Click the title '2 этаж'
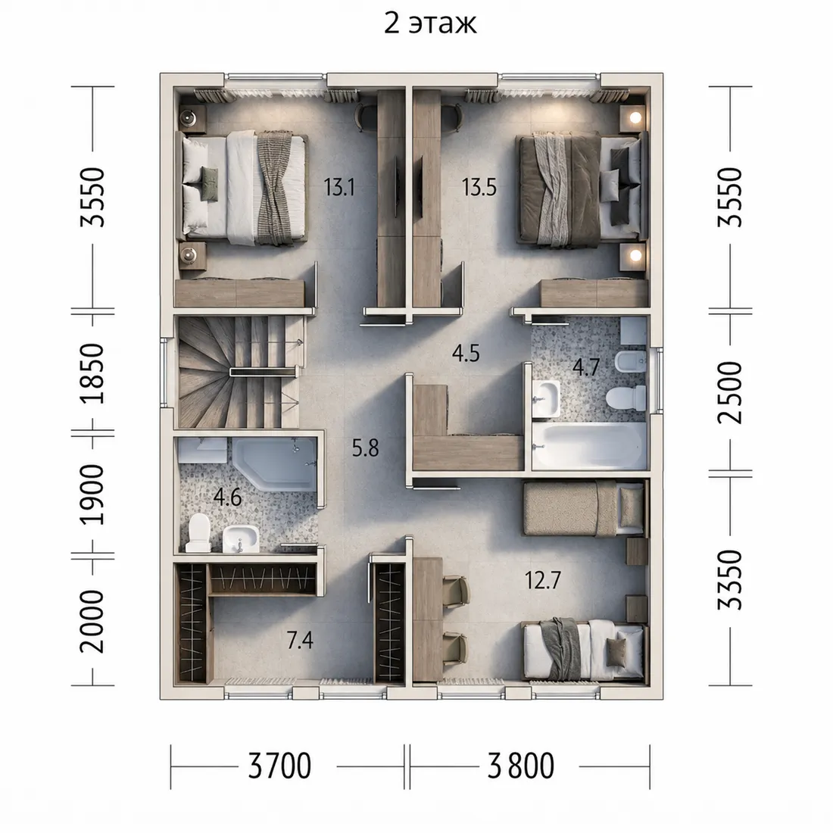[x=430, y=24]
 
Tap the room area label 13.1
[x=339, y=187]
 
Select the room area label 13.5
[x=479, y=187]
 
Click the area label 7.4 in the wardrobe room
[x=300, y=641]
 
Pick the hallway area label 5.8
[x=366, y=448]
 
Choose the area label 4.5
[x=466, y=354]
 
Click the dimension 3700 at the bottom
[x=279, y=766]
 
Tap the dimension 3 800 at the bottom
[x=521, y=766]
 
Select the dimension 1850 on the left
[x=92, y=373]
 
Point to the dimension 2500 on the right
[x=729, y=392]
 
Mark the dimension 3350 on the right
[x=729, y=579]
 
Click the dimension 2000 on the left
[x=92, y=621]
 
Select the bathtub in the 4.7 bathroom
[x=589, y=446]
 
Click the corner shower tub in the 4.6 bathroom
[x=275, y=463]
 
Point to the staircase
[x=238, y=372]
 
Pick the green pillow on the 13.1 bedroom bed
[x=209, y=184]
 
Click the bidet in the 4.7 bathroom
[x=630, y=363]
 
